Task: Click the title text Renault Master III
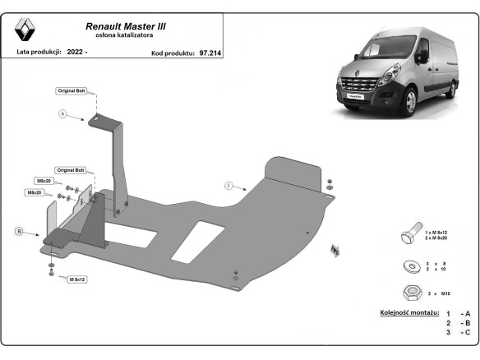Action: click(126, 26)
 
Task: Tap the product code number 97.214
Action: click(210, 52)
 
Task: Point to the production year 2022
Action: click(76, 52)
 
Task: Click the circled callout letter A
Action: click(62, 113)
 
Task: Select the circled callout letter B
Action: click(19, 232)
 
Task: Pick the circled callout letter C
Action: click(229, 186)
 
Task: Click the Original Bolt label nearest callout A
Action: click(71, 90)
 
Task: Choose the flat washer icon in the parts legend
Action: click(409, 265)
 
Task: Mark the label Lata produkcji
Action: click(39, 52)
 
